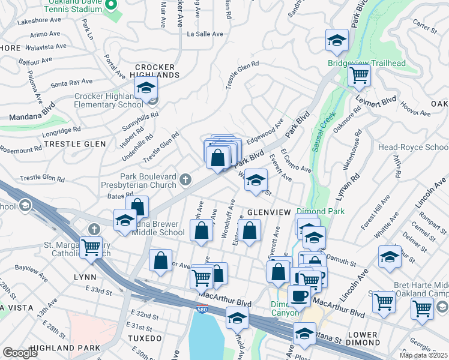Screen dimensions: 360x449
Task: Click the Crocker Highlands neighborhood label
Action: click(157, 71)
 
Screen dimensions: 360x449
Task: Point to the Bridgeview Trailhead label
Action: click(366, 63)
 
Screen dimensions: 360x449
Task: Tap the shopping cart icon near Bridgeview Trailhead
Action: click(359, 76)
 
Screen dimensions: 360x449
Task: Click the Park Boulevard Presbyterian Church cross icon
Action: click(186, 179)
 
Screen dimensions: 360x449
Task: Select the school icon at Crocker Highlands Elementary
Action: click(145, 88)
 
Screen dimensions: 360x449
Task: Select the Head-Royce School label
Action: click(420, 148)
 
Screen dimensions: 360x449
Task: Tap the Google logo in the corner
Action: click(20, 353)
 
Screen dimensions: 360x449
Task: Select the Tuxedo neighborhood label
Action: click(145, 338)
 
